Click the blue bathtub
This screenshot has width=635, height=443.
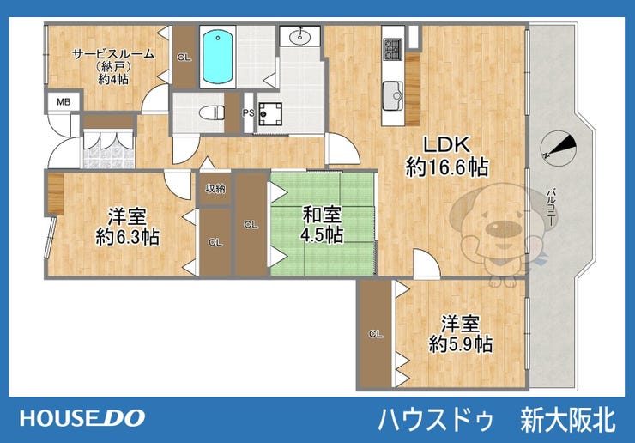218,57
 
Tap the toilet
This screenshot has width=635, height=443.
212,112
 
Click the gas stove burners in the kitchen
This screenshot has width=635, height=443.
392,49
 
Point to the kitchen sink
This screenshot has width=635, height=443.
393,95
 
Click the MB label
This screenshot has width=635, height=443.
63,101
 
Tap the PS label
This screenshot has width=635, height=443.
248,113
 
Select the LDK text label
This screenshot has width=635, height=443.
446,145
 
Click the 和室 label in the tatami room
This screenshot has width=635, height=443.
322,215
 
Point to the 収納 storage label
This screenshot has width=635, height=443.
215,189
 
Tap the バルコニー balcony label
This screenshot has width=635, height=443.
550,207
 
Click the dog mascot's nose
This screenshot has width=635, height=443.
504,228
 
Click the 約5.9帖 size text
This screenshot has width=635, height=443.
461,344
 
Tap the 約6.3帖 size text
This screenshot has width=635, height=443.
128,237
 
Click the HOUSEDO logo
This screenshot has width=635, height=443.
82,418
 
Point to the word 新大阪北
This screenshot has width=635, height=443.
568,420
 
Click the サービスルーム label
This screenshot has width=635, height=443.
113,53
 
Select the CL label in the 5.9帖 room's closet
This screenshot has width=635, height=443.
376,334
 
